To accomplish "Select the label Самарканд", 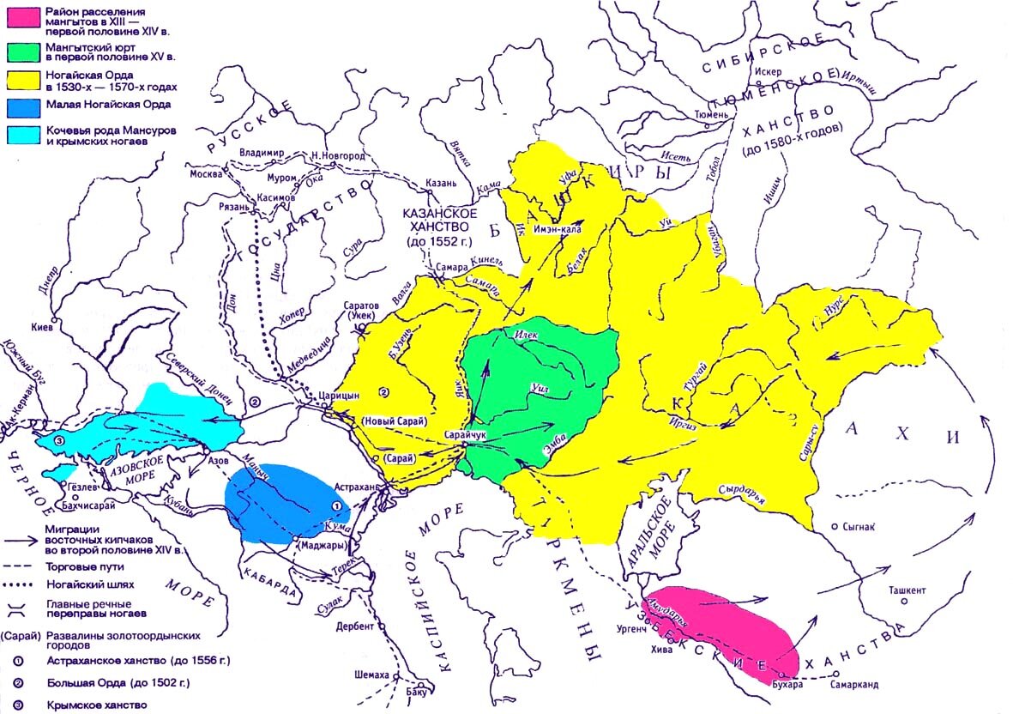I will [855, 685].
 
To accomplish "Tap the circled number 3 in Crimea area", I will [58, 440].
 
